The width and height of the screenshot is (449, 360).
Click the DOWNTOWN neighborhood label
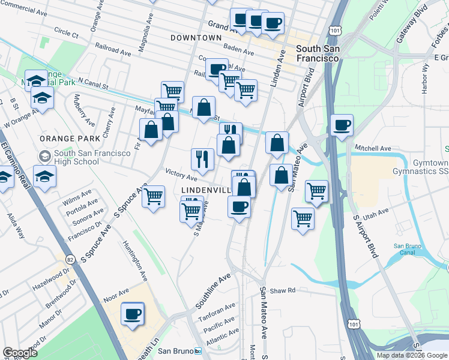click(196, 37)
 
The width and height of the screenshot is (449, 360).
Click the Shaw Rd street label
click(283, 290)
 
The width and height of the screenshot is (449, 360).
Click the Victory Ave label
click(181, 176)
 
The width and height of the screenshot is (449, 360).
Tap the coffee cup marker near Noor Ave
click(133, 313)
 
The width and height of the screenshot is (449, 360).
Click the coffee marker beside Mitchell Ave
click(342, 125)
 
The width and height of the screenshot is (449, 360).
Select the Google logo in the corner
click(20, 353)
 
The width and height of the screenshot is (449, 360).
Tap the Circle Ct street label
click(66, 32)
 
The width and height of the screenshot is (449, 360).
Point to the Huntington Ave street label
click(135, 261)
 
